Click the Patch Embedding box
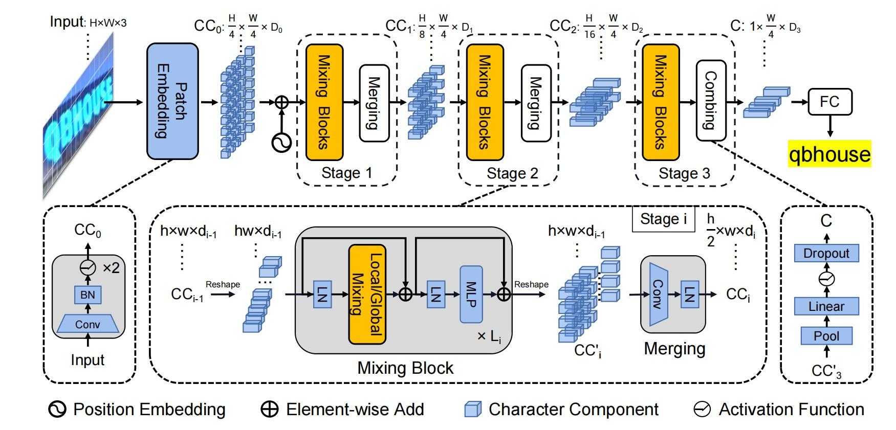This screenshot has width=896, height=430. coord(172,101)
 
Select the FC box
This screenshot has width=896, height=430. coord(829,102)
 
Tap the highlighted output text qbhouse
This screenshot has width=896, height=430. coord(829,154)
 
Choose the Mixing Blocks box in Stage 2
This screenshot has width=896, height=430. coord(485,102)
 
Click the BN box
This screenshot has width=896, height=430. coord(88,295)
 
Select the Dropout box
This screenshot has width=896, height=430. coord(826,253)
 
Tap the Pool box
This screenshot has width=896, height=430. coord(826,336)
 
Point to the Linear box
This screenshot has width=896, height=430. coord(826,306)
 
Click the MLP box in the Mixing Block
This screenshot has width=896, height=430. coord(471,295)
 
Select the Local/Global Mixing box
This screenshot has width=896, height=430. coord(367,295)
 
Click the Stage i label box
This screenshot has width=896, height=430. coord(663,219)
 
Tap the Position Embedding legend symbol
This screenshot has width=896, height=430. coord(57,410)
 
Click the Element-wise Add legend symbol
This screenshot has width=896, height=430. coord(270,410)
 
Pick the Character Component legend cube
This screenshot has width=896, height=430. coord(472,410)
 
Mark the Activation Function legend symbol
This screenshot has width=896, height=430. coord(702,410)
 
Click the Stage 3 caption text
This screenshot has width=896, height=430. coord(684,173)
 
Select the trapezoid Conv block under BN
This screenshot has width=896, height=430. coord(88,324)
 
